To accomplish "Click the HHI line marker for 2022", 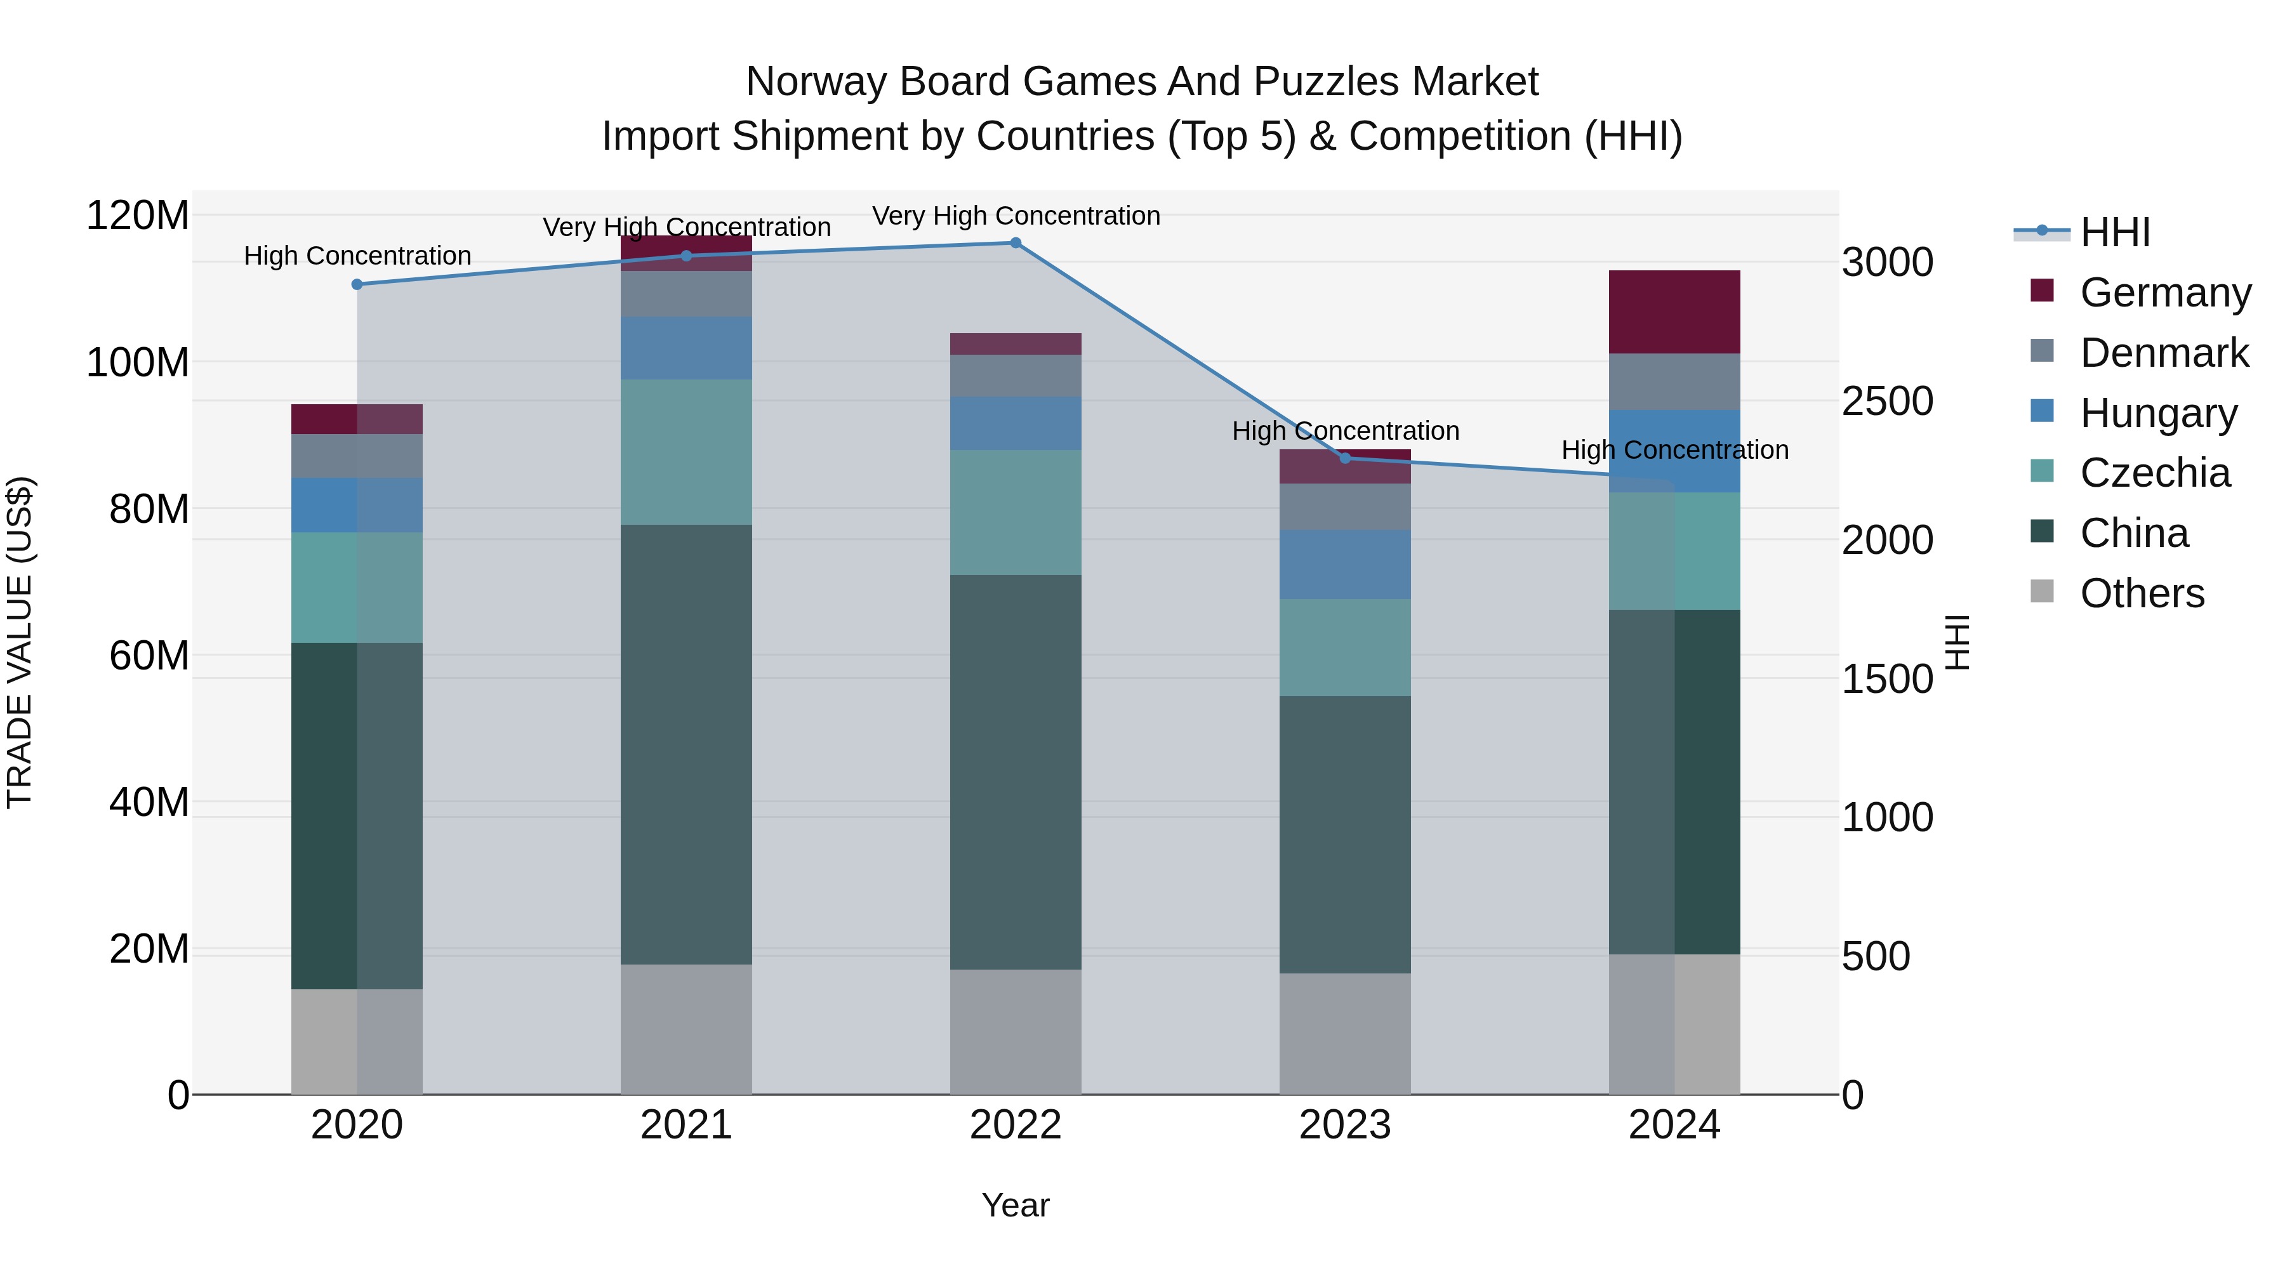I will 1016,243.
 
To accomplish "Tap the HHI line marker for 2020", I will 357,285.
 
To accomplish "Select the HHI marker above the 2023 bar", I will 1345,459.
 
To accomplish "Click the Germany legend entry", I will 2164,293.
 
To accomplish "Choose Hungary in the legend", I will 2158,413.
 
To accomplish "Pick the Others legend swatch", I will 2042,591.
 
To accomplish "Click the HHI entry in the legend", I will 2115,232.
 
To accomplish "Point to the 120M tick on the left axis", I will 138,216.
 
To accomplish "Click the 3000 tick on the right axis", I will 1888,263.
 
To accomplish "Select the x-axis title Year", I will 1016,1205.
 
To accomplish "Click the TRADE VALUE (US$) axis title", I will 20,642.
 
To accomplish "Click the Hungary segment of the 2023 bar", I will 1345,564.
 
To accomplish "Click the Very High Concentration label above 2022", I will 1016,216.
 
